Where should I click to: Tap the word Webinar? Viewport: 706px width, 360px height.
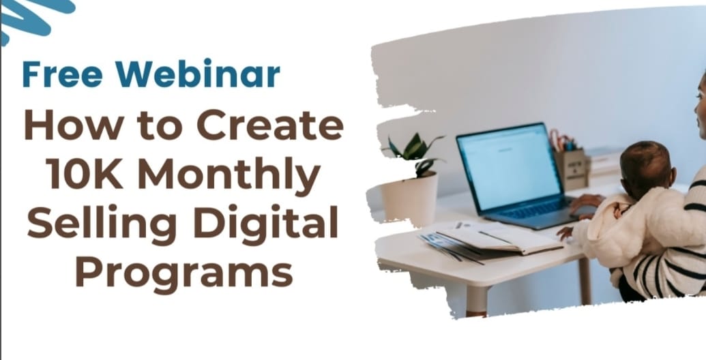[x=197, y=74]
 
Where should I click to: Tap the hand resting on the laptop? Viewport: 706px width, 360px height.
[x=585, y=202]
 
